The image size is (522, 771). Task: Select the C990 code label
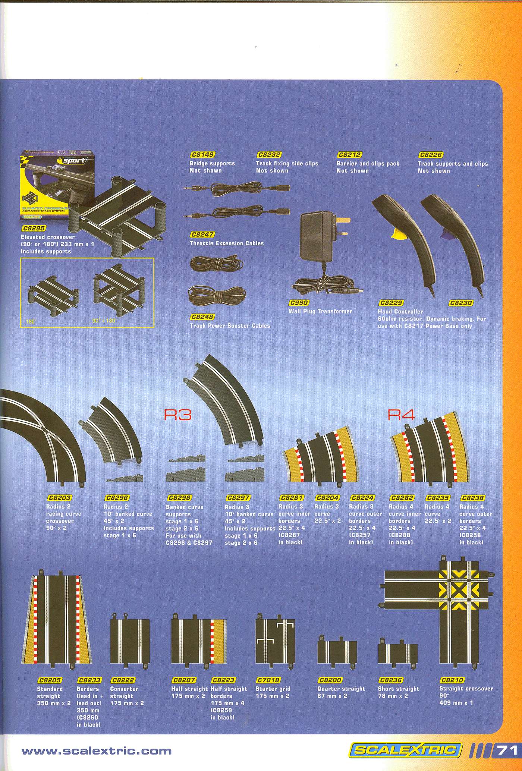coord(298,303)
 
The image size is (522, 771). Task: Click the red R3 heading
coord(177,415)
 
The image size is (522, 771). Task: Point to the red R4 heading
coord(401,415)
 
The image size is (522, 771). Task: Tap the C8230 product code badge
coord(461,303)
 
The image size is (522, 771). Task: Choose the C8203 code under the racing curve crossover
coord(59,498)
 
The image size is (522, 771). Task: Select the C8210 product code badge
coord(452,680)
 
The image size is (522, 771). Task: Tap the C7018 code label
coord(268,680)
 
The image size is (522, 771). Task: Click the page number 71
coord(507,749)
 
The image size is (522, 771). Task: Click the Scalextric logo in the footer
coord(406,749)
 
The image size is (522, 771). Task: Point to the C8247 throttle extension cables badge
coord(202,235)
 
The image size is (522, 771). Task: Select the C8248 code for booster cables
coord(202,317)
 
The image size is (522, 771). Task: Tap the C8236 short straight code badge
coord(390,680)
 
